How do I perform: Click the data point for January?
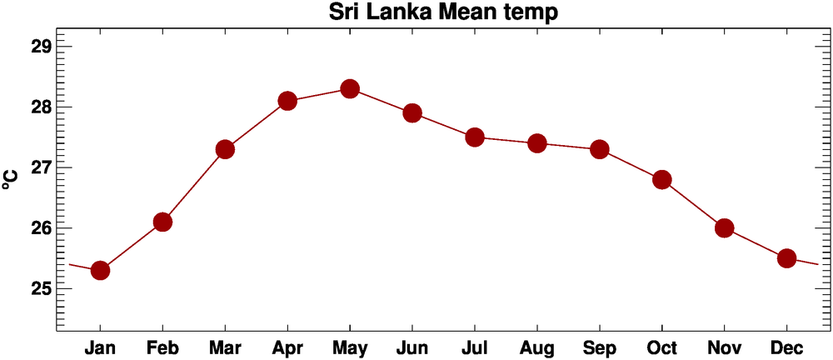[x=100, y=270]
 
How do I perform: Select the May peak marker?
[x=350, y=88]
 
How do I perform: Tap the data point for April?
[x=287, y=101]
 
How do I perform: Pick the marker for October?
[x=662, y=179]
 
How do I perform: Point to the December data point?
[x=786, y=258]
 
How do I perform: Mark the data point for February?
[x=162, y=222]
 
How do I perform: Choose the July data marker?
[x=475, y=137]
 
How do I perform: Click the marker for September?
[x=600, y=149]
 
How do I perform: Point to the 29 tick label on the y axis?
[x=41, y=46]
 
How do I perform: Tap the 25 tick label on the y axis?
[x=41, y=288]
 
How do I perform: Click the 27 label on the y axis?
[x=41, y=167]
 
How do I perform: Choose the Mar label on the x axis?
[x=225, y=347]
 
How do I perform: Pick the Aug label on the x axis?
[x=537, y=347]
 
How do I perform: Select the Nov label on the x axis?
[x=724, y=347]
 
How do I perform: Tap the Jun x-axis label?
[x=412, y=347]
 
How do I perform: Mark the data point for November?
[x=724, y=227]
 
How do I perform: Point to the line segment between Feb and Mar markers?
[x=194, y=185]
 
